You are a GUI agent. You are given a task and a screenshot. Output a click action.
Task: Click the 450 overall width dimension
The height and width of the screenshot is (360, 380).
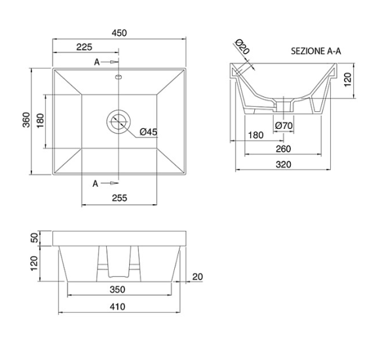(119, 33)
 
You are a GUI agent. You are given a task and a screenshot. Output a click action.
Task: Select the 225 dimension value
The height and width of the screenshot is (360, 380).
(84, 47)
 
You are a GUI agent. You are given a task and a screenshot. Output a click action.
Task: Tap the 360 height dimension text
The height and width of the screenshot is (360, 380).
(26, 120)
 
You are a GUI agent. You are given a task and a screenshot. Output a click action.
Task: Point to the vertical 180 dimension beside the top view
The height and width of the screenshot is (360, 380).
(40, 121)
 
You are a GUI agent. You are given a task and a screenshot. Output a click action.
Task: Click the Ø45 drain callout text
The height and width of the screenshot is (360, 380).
(148, 132)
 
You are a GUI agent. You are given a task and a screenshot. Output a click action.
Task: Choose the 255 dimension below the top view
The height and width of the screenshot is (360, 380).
(119, 198)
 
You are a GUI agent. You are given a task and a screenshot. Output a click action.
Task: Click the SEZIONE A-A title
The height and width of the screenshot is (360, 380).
(316, 51)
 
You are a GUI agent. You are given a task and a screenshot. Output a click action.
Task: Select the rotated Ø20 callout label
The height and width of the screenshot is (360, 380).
(242, 46)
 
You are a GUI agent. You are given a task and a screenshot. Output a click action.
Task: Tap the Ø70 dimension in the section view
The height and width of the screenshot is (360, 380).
(284, 126)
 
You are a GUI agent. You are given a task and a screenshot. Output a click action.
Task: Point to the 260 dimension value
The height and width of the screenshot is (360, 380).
(283, 149)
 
